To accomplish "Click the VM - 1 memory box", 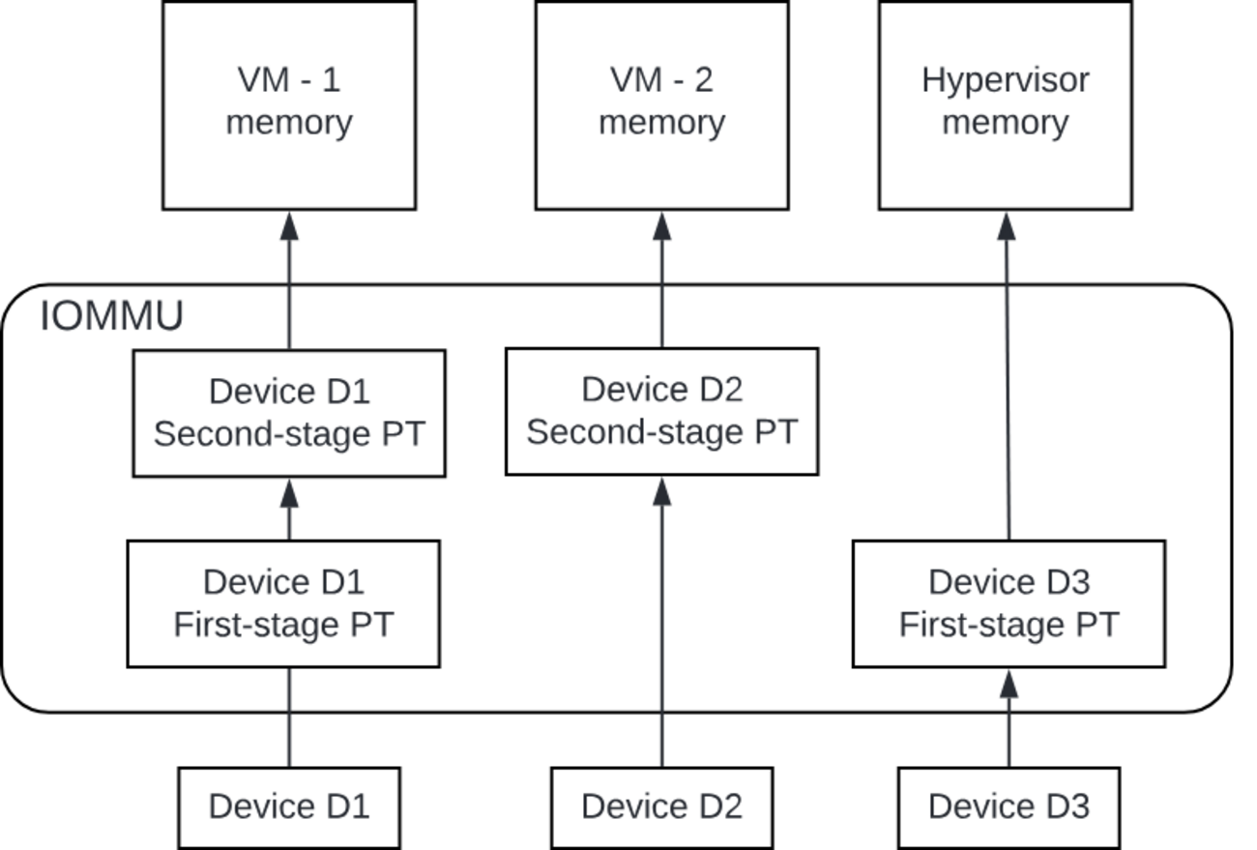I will [x=288, y=104].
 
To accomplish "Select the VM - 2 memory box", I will [x=661, y=104].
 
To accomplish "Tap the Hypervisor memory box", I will [x=1005, y=104].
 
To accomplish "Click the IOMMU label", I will [x=112, y=317].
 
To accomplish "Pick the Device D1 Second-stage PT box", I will [x=288, y=413].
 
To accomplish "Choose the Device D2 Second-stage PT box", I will [x=661, y=411].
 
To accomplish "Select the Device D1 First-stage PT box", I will [x=283, y=603].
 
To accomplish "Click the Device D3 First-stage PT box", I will [x=1009, y=603].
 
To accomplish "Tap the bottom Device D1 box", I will [x=289, y=806].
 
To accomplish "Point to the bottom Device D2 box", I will [x=661, y=806].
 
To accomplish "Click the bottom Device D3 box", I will [x=1009, y=806].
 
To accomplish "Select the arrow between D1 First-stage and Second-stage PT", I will [x=289, y=509].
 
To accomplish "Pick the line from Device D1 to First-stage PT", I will [x=289, y=717].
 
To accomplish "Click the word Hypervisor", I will [x=1005, y=80].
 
